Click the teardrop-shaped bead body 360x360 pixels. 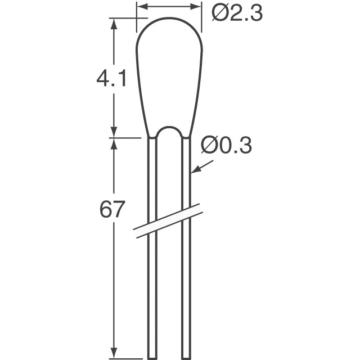click(169, 73)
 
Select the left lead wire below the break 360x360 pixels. click(152, 292)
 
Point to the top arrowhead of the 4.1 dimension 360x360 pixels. click(115, 22)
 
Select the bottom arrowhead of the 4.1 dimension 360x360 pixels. click(115, 132)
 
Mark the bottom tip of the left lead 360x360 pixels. click(152, 356)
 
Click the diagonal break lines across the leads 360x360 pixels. click(169, 220)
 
